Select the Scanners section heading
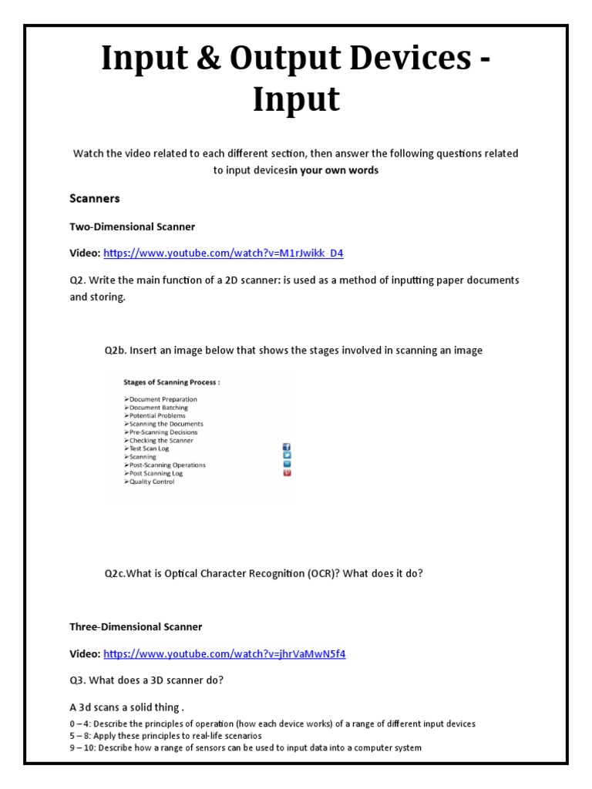pyautogui.click(x=95, y=198)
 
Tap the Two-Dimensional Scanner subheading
pyautogui.click(x=132, y=227)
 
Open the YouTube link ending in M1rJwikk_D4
pyautogui.click(x=224, y=253)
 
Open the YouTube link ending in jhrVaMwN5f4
pyautogui.click(x=224, y=653)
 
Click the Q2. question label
pyautogui.click(x=79, y=280)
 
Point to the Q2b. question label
pyautogui.click(x=116, y=351)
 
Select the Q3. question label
pyautogui.click(x=78, y=680)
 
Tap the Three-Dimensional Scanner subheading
pyautogui.click(x=136, y=626)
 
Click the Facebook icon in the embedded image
pyautogui.click(x=287, y=447)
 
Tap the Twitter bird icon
pyautogui.click(x=287, y=455)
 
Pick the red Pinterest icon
pyautogui.click(x=287, y=472)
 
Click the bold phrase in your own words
pyautogui.click(x=334, y=170)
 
